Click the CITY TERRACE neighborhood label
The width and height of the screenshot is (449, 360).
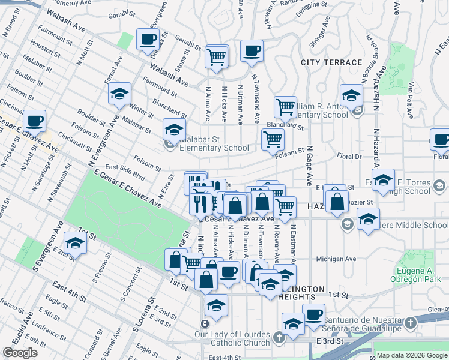(331, 62)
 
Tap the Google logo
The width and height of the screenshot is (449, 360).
(20, 353)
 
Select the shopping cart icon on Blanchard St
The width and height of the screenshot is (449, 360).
(286, 108)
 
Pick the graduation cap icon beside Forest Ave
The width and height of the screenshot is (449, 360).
(120, 94)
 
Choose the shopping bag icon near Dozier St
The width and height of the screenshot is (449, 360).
(337, 203)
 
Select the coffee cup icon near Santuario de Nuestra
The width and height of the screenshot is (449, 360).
(313, 315)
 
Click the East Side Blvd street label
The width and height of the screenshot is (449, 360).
(125, 172)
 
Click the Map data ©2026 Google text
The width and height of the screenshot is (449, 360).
(411, 355)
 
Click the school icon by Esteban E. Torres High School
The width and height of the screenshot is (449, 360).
(383, 179)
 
